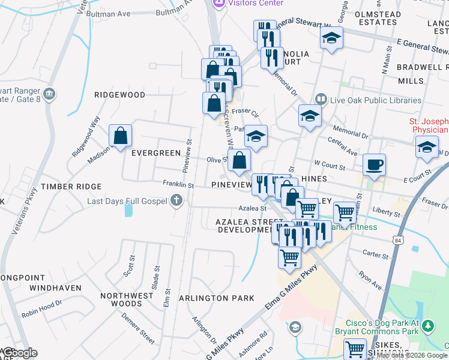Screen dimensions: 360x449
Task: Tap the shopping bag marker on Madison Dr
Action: click(x=121, y=136)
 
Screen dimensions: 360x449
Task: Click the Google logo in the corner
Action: click(x=19, y=353)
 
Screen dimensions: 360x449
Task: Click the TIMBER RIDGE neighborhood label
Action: click(x=68, y=187)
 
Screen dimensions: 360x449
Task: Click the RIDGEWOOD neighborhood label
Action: click(x=120, y=95)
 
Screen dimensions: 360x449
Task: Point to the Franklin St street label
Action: click(x=178, y=185)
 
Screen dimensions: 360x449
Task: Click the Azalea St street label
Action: click(x=252, y=208)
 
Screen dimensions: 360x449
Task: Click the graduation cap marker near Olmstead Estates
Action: click(x=331, y=38)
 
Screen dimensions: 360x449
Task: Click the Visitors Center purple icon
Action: click(x=218, y=3)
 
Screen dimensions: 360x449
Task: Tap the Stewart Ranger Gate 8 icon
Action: click(x=50, y=94)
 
